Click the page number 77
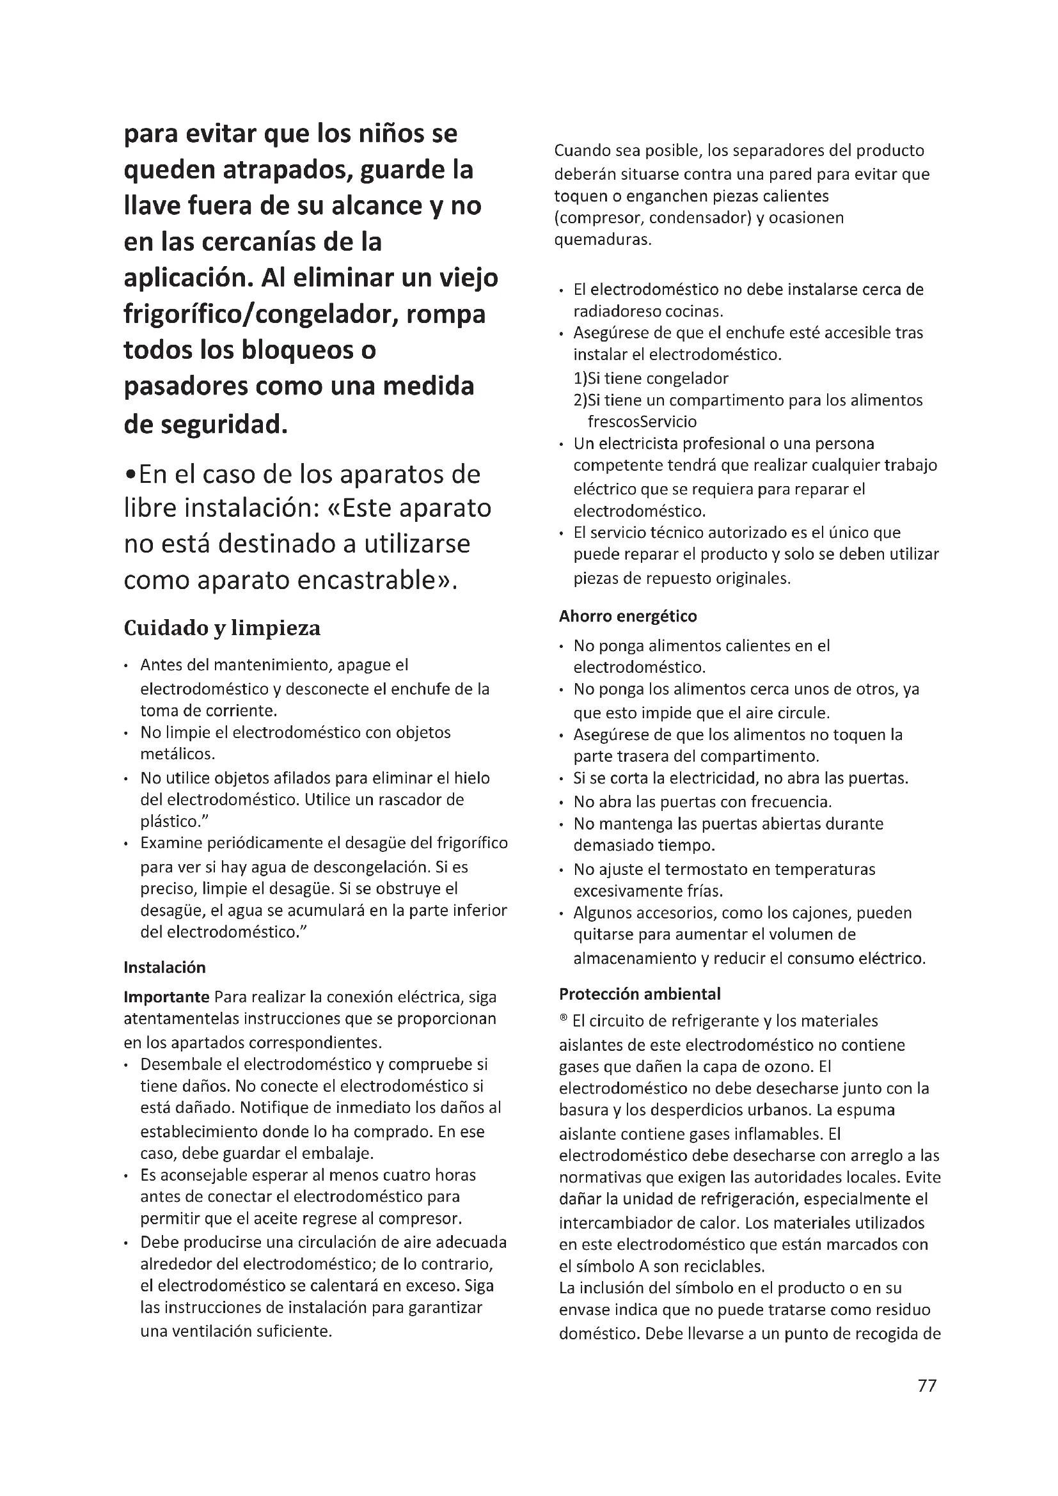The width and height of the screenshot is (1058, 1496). [926, 1404]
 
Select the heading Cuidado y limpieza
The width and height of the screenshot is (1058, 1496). [222, 628]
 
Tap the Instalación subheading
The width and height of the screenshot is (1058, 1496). [165, 968]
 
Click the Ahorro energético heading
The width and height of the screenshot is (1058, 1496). [628, 617]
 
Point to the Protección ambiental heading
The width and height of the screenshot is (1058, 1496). [640, 995]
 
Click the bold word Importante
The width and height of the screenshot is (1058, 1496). [166, 998]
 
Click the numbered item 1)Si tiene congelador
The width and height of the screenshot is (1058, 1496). [651, 379]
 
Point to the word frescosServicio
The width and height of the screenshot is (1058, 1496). [642, 422]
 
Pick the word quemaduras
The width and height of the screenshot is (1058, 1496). [602, 240]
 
